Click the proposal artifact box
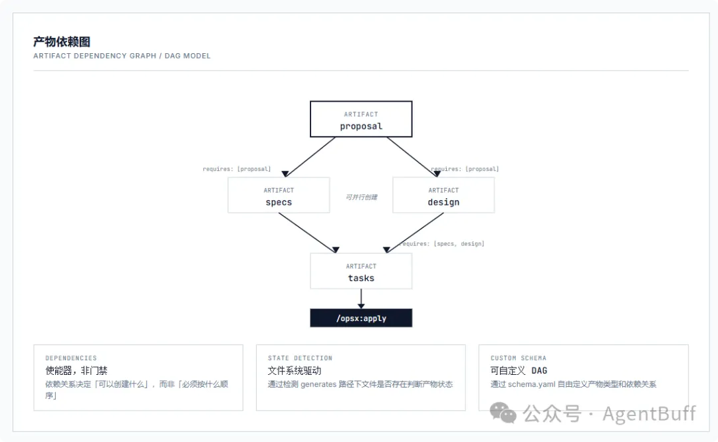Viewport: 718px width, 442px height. click(x=361, y=119)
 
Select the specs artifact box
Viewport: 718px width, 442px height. click(x=279, y=195)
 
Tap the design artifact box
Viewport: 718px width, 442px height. click(x=443, y=195)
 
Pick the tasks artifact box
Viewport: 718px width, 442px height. click(x=361, y=271)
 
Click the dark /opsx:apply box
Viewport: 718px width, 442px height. click(x=361, y=318)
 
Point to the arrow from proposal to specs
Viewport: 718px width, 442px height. click(x=310, y=157)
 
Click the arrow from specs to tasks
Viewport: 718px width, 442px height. click(x=308, y=233)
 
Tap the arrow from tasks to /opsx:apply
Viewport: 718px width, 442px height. click(x=361, y=298)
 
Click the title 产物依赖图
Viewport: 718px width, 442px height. click(x=62, y=42)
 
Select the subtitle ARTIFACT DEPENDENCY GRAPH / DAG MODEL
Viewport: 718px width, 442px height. click(x=122, y=56)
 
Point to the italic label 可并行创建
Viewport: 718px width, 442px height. click(x=361, y=197)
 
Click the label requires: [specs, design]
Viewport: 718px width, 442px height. click(x=441, y=244)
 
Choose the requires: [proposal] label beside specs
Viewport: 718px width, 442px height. click(x=237, y=169)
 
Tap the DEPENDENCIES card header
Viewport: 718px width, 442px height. click(x=71, y=358)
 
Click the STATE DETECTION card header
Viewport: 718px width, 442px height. click(x=300, y=358)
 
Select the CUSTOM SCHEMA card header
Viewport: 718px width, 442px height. click(x=519, y=358)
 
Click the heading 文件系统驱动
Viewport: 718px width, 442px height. click(x=295, y=370)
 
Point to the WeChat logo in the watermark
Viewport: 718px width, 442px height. click(x=503, y=413)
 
